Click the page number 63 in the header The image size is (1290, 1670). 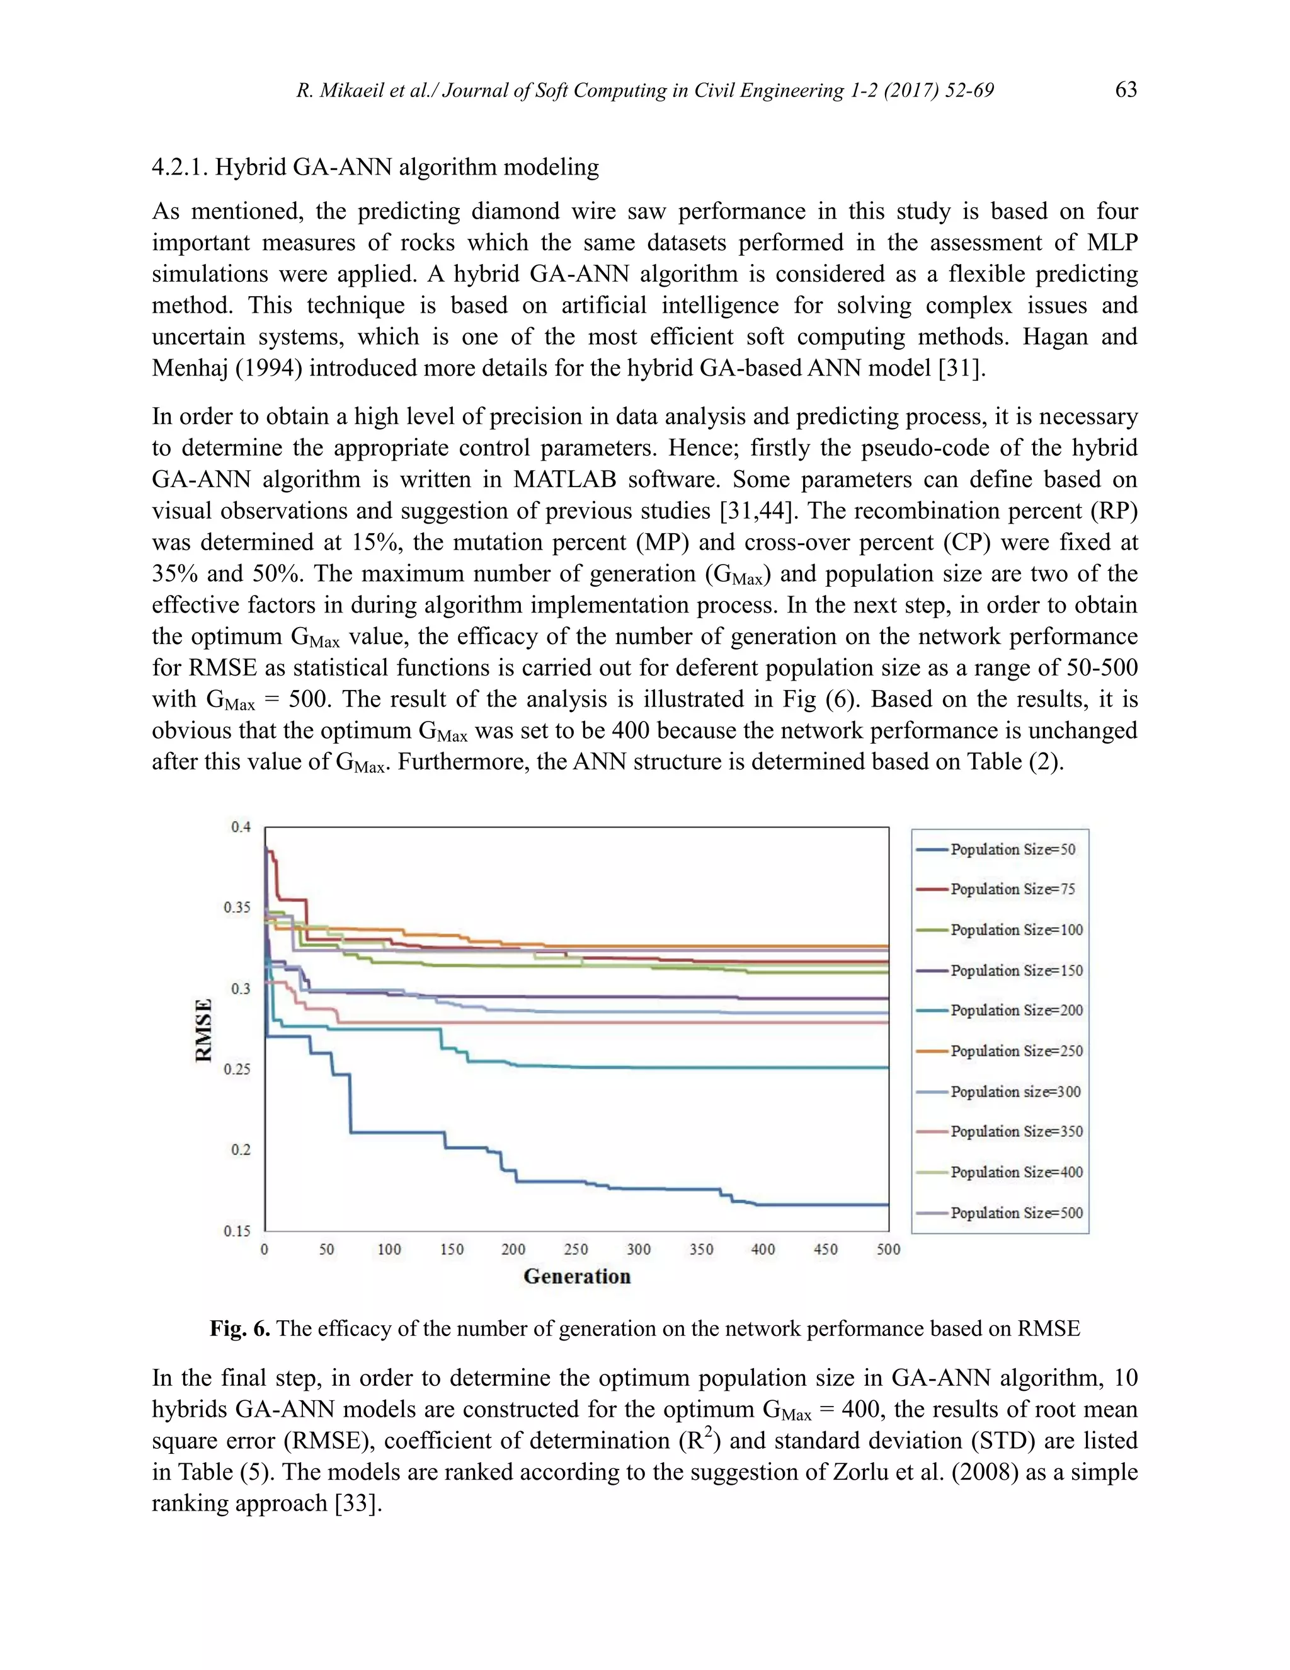tap(1126, 89)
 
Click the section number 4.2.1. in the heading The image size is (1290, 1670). tap(180, 167)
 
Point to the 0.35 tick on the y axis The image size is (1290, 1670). tap(237, 907)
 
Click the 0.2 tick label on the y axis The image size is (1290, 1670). tap(241, 1150)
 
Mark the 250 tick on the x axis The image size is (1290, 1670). tap(576, 1250)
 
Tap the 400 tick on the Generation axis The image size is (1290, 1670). tap(763, 1250)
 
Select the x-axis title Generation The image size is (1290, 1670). tap(577, 1276)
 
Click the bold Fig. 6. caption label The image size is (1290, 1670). tap(240, 1328)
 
